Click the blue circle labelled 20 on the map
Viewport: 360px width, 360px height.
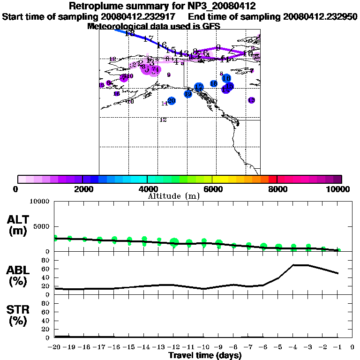pos(172,101)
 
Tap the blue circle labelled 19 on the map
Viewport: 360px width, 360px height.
pos(188,94)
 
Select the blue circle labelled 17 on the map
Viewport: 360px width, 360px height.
pos(199,87)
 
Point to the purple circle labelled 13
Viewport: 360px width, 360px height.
pos(251,100)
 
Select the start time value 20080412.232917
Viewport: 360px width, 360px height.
pos(140,16)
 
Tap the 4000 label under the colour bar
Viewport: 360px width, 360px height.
pos(147,189)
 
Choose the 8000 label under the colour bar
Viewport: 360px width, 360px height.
pos(277,189)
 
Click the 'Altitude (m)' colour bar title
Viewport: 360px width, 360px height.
pos(173,196)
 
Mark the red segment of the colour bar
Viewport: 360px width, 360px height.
pos(272,179)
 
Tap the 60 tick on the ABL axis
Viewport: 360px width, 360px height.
pos(46,269)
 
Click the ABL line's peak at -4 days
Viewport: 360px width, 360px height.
pos(293,265)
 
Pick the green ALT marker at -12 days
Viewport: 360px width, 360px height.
pos(174,242)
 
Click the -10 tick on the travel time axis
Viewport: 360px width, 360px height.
pos(203,347)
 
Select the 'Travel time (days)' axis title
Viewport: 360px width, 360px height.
pos(205,355)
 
